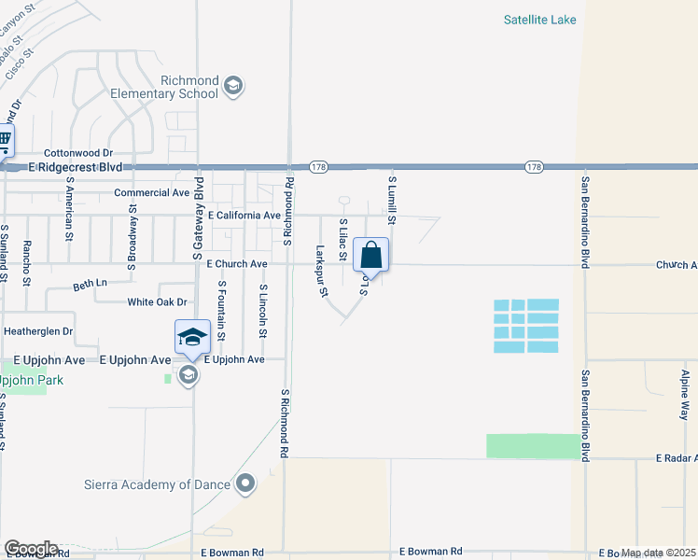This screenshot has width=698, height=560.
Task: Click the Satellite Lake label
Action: pyautogui.click(x=540, y=20)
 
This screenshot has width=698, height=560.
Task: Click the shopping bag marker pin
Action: pyautogui.click(x=371, y=255)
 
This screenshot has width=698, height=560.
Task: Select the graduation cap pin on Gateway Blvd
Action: pyautogui.click(x=192, y=337)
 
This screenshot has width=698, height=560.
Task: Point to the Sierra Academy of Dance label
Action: pyautogui.click(x=168, y=483)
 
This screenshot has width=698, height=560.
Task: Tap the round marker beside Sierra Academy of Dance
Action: pyautogui.click(x=246, y=483)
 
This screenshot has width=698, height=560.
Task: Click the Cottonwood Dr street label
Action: pyautogui.click(x=78, y=152)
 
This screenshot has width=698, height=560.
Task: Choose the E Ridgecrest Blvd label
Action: pyautogui.click(x=76, y=166)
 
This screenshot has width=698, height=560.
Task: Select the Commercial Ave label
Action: pyautogui.click(x=152, y=192)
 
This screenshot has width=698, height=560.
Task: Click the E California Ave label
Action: pyautogui.click(x=244, y=215)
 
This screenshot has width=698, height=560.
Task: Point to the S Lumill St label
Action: pyautogui.click(x=393, y=198)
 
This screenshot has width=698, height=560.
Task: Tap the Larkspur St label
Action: pyautogui.click(x=322, y=271)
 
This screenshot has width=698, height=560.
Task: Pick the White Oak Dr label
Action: pyautogui.click(x=158, y=301)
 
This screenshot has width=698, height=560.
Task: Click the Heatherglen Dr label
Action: pyautogui.click(x=38, y=331)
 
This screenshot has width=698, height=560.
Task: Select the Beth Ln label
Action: pyautogui.click(x=91, y=282)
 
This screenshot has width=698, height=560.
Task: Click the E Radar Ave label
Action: pyautogui.click(x=677, y=459)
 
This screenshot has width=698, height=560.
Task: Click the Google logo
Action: pyautogui.click(x=31, y=548)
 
